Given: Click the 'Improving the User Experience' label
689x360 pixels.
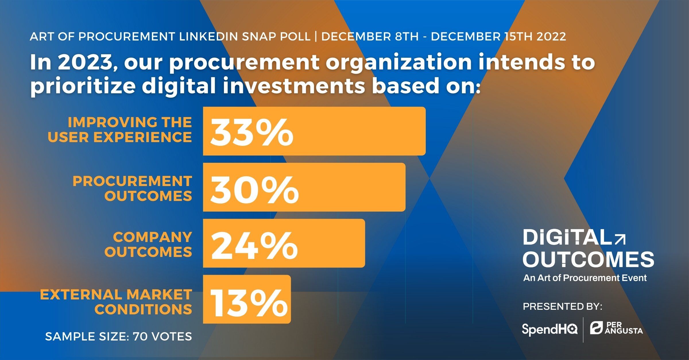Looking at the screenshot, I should click(120, 130).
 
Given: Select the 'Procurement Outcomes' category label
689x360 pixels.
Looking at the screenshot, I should click(132, 189).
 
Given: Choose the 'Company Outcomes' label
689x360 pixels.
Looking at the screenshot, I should click(148, 245).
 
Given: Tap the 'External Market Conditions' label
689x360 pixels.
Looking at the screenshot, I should click(116, 302).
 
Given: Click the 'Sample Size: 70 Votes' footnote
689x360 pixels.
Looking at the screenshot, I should click(119, 336).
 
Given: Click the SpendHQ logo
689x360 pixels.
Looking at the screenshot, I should click(549, 329).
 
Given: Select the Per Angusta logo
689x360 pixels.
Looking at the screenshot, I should click(616, 328).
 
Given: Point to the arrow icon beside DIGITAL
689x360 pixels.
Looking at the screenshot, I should click(620, 239).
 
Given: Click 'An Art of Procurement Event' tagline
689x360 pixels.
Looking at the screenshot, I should click(585, 278).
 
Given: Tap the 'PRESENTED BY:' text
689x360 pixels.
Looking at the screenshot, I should click(562, 307).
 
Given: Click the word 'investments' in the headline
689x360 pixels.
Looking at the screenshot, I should click(294, 86).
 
